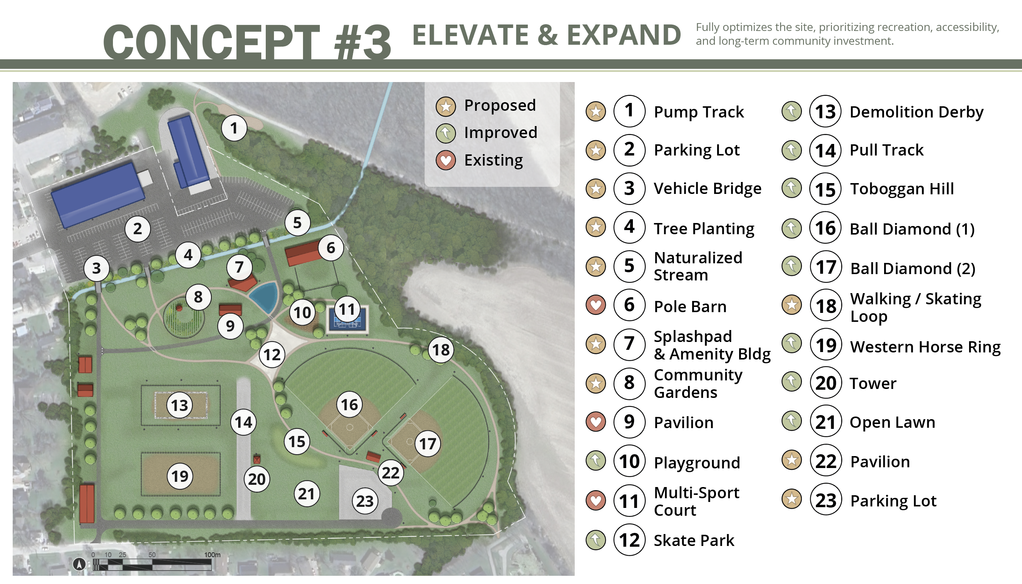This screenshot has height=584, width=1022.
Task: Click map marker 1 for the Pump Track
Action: [x=234, y=128]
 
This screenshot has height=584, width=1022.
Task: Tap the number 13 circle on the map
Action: [x=179, y=405]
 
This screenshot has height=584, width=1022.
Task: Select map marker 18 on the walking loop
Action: [x=441, y=350]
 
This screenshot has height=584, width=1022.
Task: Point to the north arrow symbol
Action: [x=79, y=564]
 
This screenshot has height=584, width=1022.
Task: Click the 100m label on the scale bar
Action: [x=212, y=555]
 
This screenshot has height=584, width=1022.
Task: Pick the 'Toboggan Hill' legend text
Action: [x=902, y=189]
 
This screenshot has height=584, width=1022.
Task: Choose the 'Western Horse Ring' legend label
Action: [x=925, y=346]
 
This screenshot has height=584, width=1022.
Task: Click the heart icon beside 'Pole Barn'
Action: [x=596, y=305]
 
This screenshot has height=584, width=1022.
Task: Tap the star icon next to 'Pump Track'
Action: [x=596, y=111]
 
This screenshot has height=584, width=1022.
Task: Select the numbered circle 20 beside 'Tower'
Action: [x=826, y=383]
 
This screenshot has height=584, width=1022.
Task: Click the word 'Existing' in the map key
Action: [x=493, y=160]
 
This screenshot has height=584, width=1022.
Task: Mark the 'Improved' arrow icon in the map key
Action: [x=446, y=133]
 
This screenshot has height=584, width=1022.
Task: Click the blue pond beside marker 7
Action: [x=265, y=296]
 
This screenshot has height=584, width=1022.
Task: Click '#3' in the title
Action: [x=362, y=42]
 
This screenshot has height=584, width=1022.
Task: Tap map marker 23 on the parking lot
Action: [x=365, y=501]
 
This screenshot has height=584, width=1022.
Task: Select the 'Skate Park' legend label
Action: [x=694, y=540]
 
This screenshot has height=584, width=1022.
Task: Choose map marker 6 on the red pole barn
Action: [x=331, y=248]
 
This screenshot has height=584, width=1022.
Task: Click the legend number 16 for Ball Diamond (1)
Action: [x=826, y=228]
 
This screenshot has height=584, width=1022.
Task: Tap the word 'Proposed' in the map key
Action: [x=500, y=106]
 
